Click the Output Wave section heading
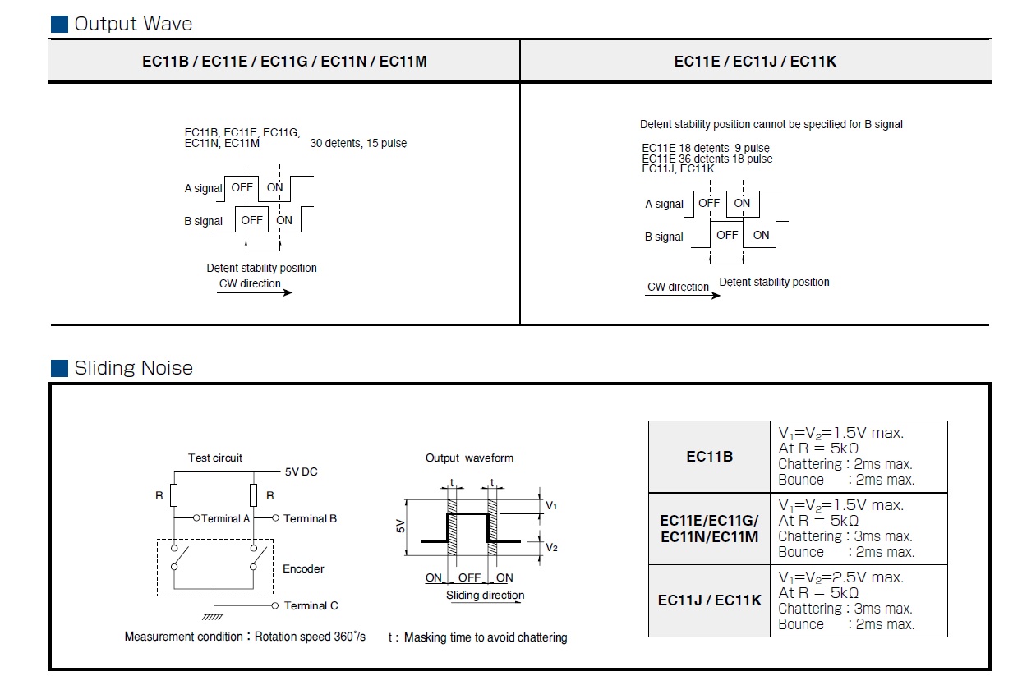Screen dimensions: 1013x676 pos(133,24)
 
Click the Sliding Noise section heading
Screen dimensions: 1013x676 pos(133,368)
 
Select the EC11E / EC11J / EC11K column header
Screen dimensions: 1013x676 pos(755,61)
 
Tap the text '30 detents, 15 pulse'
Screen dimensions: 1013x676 pos(358,143)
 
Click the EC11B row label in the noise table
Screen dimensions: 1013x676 pos(710,456)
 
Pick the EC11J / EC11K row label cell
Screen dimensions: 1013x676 pos(710,600)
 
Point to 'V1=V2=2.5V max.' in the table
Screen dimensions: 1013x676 pos(840,577)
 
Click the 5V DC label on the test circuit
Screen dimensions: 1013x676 pos(302,471)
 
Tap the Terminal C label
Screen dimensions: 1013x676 pos(311,605)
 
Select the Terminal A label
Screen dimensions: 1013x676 pos(225,518)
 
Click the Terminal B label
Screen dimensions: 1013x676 pos(310,518)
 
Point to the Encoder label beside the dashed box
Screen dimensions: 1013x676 pos(303,568)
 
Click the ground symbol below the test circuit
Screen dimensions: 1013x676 pos(213,617)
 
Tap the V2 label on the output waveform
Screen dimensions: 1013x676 pos(551,548)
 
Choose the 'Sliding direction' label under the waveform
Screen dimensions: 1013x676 pos(486,595)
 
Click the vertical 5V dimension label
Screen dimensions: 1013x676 pos(400,527)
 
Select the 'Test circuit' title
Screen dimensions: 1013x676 pos(215,458)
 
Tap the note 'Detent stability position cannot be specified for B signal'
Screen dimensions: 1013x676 pos(771,124)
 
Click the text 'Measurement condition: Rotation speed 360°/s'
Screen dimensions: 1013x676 pos(245,637)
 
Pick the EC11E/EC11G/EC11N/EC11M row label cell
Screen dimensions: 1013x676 pos(710,529)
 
